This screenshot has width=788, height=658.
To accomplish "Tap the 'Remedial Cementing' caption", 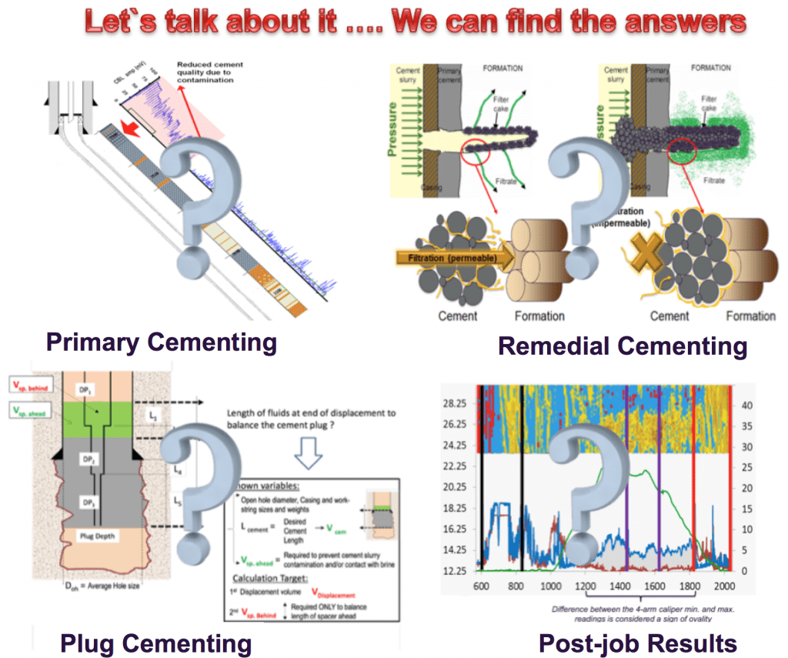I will coord(622,346).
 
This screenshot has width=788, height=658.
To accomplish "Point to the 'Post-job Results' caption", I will coord(638,642).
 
